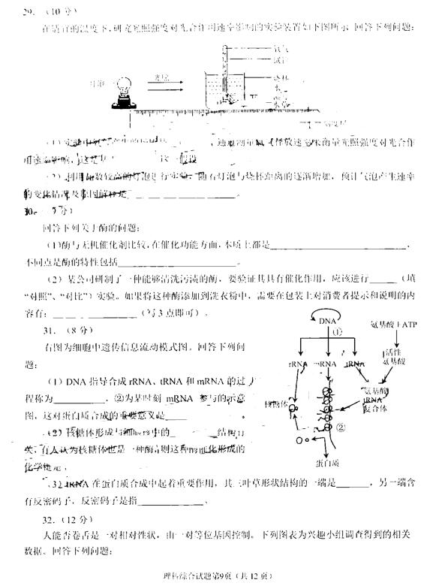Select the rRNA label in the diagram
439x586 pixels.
tap(295, 363)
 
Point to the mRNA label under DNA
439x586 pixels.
tap(325, 363)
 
